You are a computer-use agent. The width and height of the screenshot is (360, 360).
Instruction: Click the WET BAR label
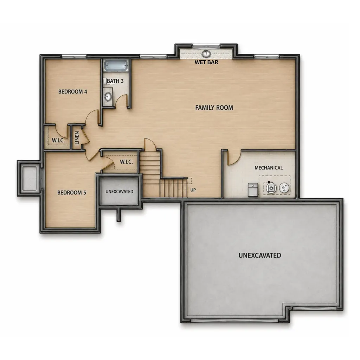click(206, 62)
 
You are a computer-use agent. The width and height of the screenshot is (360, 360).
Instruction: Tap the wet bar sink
click(206, 54)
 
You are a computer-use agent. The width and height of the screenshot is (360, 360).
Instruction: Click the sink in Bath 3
click(108, 97)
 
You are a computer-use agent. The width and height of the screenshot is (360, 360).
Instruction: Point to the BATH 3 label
click(115, 81)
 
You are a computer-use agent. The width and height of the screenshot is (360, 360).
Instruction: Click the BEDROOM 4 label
click(72, 92)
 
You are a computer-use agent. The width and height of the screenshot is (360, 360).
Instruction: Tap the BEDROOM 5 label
click(72, 193)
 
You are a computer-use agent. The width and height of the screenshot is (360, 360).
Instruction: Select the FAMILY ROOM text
click(214, 108)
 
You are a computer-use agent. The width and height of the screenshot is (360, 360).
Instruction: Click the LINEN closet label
click(77, 138)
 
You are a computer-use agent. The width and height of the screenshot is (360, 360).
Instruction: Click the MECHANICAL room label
click(269, 168)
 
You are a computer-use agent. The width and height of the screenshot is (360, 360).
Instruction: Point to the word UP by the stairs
click(193, 190)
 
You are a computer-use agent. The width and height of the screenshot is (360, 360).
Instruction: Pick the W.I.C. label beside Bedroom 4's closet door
click(58, 141)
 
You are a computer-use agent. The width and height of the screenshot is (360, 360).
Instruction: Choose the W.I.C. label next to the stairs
click(126, 162)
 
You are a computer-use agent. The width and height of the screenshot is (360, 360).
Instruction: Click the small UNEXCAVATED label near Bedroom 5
click(120, 192)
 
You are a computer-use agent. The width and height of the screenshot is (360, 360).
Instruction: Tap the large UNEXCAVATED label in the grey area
click(260, 255)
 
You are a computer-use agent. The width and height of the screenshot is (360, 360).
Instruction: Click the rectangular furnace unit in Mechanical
click(253, 189)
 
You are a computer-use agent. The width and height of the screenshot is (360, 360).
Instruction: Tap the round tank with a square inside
click(271, 188)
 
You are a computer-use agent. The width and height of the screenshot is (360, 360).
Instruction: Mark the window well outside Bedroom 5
click(30, 178)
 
